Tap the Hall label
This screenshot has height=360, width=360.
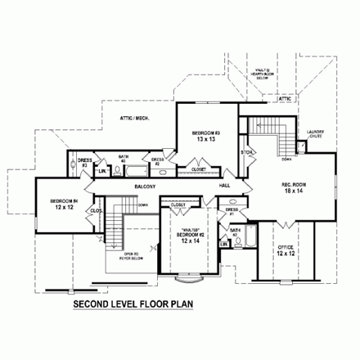point(224,187)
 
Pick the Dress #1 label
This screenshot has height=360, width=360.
point(232,212)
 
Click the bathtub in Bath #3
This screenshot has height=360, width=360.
point(132,172)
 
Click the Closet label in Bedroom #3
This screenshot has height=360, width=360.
point(199,169)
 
